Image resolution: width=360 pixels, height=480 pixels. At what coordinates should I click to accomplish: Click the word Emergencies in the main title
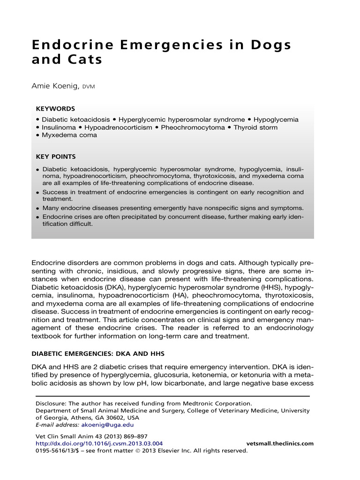pos(146,45)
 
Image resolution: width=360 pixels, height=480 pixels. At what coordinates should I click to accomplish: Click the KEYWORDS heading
pos(55,108)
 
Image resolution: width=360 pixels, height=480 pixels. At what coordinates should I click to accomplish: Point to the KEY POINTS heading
pos(56,157)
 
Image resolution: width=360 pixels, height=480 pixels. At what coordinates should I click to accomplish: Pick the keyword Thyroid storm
pos(255,127)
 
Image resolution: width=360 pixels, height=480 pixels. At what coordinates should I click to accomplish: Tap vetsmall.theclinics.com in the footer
pos(280,443)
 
